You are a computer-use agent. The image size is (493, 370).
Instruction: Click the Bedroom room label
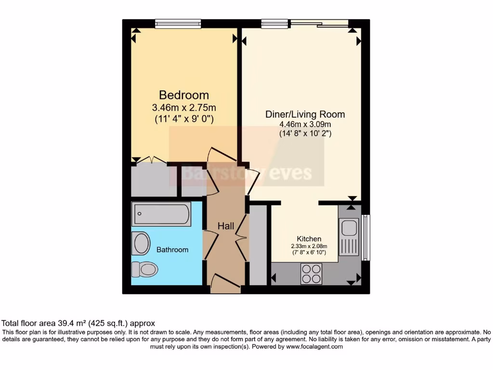tap(184, 95)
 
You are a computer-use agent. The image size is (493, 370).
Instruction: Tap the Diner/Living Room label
tap(305, 114)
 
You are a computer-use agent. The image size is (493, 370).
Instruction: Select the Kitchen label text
tap(309, 239)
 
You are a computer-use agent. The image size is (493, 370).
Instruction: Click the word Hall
tap(226, 226)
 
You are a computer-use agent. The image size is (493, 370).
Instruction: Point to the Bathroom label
tap(172, 250)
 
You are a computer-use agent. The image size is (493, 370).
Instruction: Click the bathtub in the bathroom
tap(161, 214)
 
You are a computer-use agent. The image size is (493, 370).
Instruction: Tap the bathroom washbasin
tap(141, 243)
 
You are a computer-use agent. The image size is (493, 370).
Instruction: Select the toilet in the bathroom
tap(144, 269)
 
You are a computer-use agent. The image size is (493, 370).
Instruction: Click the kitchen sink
tap(348, 236)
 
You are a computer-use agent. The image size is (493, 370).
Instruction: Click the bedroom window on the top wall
tap(178, 24)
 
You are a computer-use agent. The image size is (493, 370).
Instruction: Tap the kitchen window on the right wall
tap(365, 237)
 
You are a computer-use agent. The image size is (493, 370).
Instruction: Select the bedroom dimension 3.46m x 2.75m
tap(184, 107)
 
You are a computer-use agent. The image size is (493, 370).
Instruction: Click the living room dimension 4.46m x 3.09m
tap(305, 124)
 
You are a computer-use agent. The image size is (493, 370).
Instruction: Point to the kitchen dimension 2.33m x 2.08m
tap(309, 246)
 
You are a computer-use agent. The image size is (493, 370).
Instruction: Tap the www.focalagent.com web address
tap(314, 346)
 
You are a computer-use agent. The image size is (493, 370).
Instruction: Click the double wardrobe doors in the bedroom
tap(149, 160)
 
